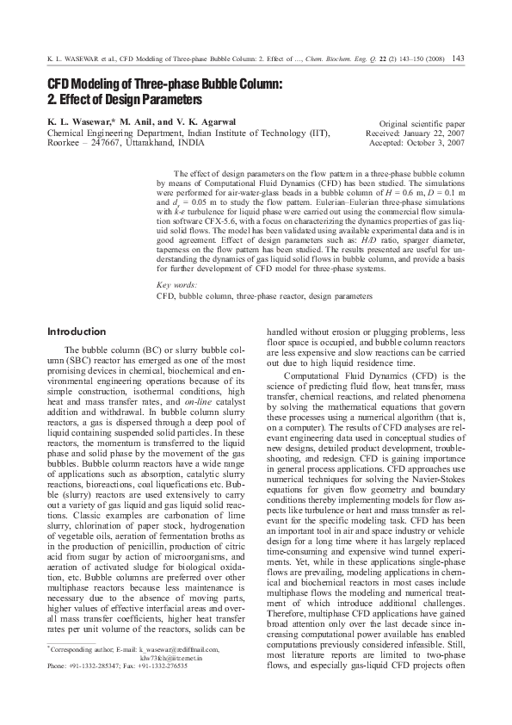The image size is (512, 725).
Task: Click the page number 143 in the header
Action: (x=458, y=59)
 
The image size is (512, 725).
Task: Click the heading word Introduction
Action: (x=77, y=332)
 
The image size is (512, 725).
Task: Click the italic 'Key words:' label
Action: (x=176, y=284)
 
